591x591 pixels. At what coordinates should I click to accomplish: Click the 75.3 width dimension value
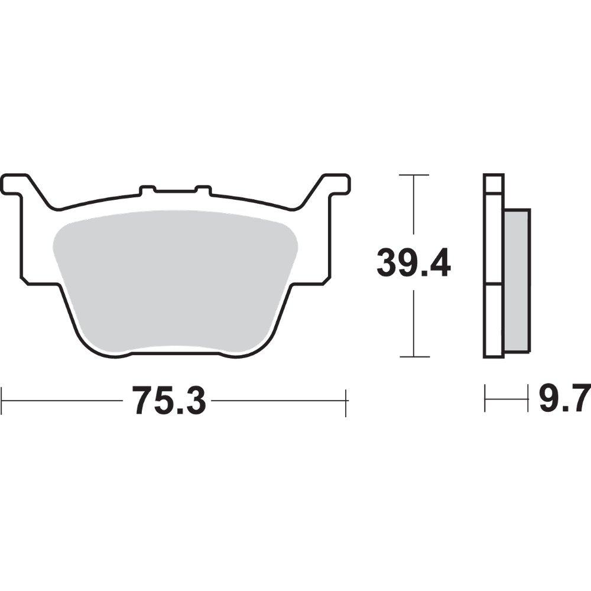168,401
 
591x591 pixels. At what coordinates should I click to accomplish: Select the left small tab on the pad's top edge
147,190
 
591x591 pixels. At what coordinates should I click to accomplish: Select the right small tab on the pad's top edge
203,190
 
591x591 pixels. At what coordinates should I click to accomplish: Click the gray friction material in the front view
174,278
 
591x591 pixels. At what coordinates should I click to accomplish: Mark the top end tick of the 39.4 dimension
414,175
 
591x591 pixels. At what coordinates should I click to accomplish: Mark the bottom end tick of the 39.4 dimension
414,357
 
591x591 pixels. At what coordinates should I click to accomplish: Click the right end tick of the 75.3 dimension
346,401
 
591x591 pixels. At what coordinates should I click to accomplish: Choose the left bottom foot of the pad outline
112,353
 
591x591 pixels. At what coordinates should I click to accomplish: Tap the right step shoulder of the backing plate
310,282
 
